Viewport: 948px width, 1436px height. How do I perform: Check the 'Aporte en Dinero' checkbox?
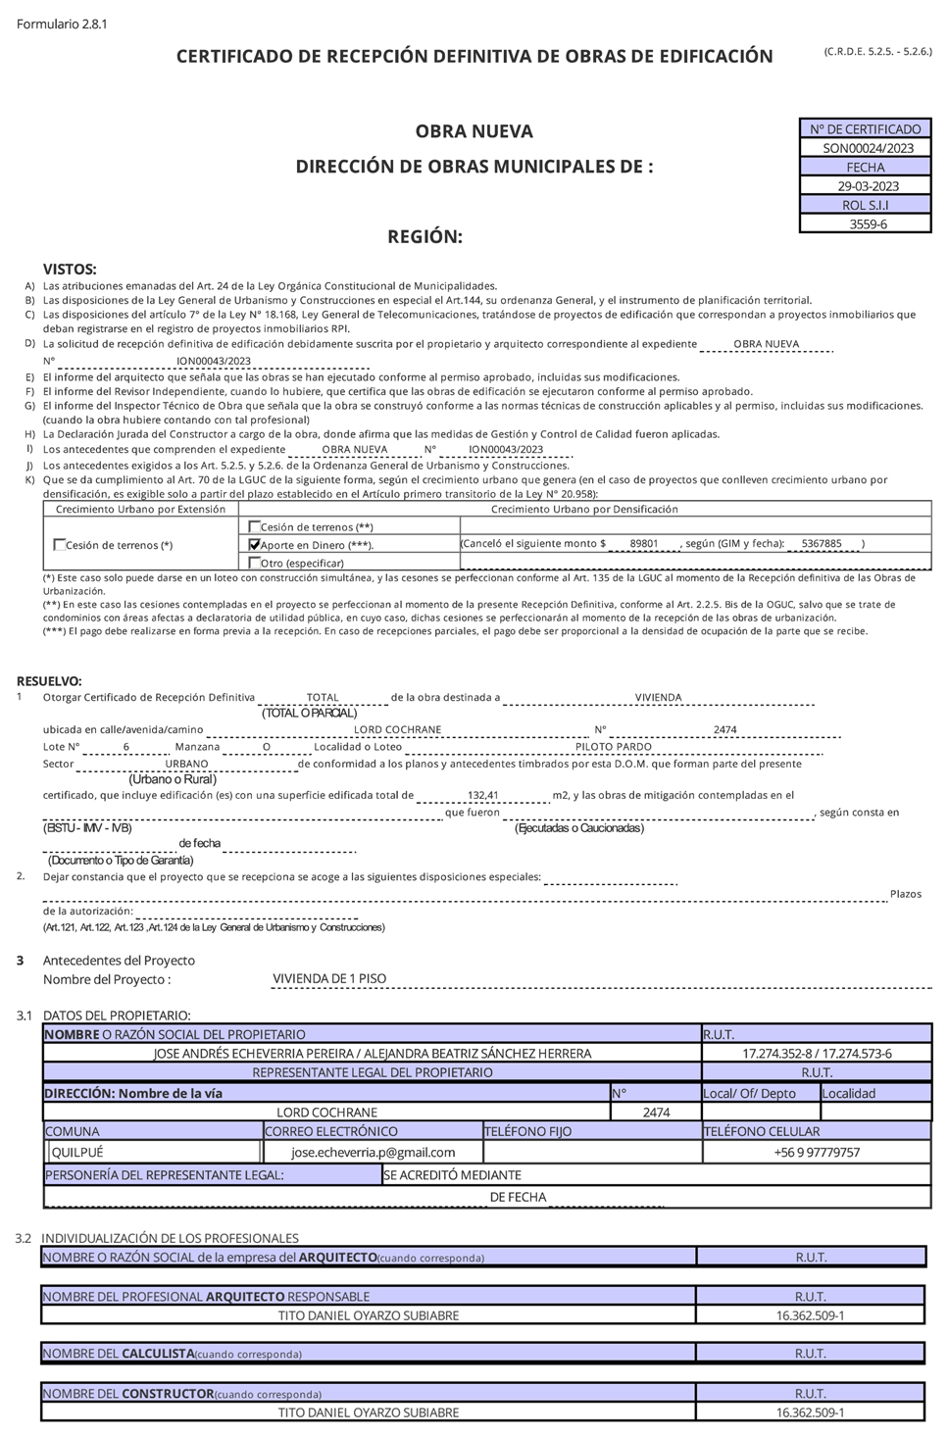click(x=255, y=544)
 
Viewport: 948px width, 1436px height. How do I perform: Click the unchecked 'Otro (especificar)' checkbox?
click(x=255, y=563)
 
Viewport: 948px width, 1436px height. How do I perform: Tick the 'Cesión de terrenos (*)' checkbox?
click(x=60, y=545)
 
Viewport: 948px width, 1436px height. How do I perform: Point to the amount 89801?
click(x=643, y=543)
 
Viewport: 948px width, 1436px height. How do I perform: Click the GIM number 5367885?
click(x=821, y=543)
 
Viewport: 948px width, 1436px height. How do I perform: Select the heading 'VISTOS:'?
click(x=70, y=269)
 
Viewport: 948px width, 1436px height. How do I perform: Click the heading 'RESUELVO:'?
click(x=50, y=681)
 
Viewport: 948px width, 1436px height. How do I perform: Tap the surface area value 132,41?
click(x=483, y=796)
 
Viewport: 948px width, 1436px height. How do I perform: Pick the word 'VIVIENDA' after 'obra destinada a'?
click(x=658, y=698)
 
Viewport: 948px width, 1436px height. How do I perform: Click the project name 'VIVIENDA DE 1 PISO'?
click(x=329, y=978)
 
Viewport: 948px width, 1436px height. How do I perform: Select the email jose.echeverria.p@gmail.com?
click(x=373, y=1152)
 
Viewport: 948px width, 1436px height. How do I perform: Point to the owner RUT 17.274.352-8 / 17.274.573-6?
click(x=817, y=1054)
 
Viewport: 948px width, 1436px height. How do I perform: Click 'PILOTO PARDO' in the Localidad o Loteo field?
click(x=613, y=747)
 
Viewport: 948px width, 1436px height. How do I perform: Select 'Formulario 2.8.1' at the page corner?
click(x=62, y=24)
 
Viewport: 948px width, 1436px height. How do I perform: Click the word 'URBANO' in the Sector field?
click(x=186, y=764)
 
